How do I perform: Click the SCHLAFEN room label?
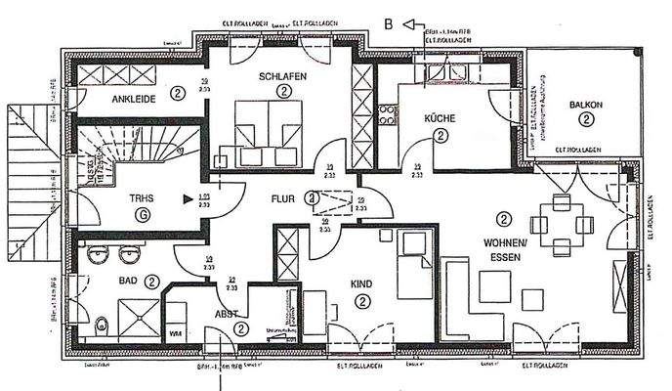(x=282, y=76)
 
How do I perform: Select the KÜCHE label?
(x=441, y=117)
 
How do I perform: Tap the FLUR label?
(x=282, y=198)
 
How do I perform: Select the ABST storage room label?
(x=226, y=315)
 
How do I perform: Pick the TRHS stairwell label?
(x=142, y=198)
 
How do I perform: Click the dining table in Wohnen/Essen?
(x=561, y=224)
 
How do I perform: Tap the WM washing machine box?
(x=175, y=333)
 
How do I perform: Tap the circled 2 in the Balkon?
(x=585, y=119)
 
